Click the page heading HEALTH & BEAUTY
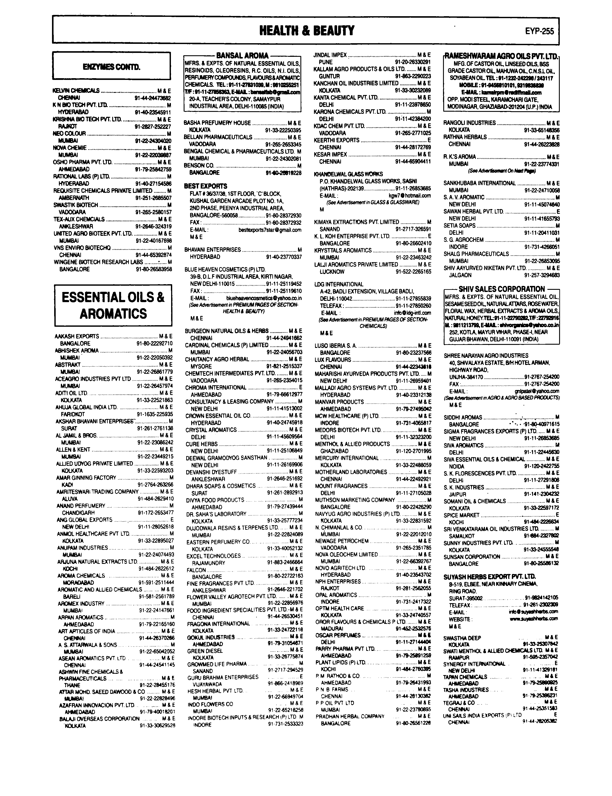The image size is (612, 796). click(x=306, y=31)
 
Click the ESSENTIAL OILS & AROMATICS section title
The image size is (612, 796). click(x=113, y=305)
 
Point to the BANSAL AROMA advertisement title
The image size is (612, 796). click(x=242, y=56)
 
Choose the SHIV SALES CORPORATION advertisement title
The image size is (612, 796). click(x=502, y=289)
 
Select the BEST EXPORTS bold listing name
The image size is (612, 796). click(x=205, y=186)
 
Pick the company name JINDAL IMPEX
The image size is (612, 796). click(x=330, y=55)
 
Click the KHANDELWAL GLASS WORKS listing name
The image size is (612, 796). click(x=348, y=174)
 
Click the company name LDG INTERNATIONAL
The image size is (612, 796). click(x=339, y=284)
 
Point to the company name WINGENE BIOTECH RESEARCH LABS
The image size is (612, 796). click(x=98, y=262)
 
